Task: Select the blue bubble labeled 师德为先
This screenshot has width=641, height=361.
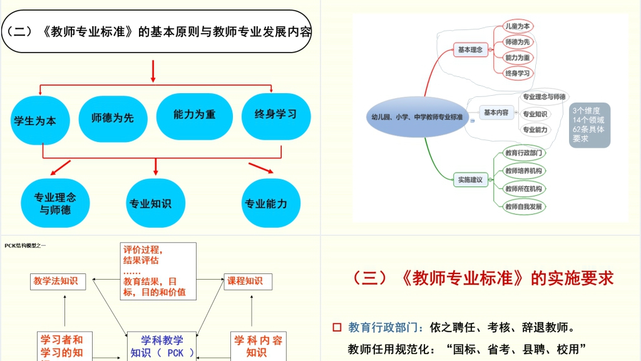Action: coord(113,117)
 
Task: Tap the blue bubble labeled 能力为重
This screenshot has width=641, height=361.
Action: coord(195,116)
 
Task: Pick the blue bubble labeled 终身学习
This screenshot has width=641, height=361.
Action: coord(275,116)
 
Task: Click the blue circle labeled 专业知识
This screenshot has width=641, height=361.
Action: coord(150,203)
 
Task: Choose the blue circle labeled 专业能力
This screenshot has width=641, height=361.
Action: coord(266,203)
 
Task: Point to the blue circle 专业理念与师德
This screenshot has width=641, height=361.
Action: coord(55,203)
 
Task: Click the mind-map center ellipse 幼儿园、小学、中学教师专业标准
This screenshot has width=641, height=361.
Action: coord(416,117)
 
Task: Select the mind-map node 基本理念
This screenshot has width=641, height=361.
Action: coord(470,49)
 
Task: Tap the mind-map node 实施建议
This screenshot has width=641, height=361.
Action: coord(470,180)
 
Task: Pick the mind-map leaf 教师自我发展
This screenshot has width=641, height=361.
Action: coord(523,206)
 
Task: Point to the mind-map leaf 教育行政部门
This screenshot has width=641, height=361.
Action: coord(523,153)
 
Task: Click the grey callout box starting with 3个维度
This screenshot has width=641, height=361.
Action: coord(589,125)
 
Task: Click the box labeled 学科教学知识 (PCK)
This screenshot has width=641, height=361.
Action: coord(162,346)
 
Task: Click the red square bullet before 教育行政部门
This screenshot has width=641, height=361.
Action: coord(337,327)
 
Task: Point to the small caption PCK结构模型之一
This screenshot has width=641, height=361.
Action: coord(25,245)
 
